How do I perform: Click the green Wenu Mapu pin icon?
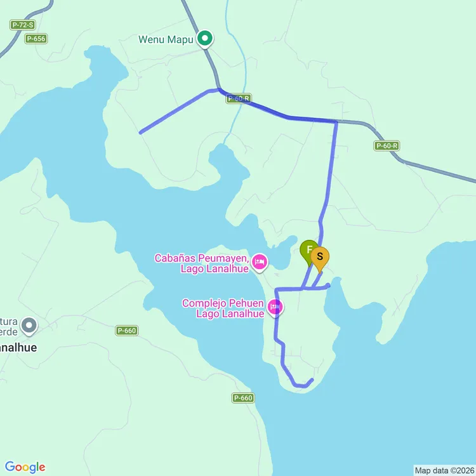[204, 39]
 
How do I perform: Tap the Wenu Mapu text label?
[166, 39]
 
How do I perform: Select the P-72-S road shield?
[23, 25]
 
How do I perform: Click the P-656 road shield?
[36, 39]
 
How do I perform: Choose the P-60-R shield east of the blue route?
[387, 145]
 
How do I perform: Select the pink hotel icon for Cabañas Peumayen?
[259, 261]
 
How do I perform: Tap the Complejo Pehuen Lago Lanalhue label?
[223, 308]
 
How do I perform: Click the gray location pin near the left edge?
[29, 326]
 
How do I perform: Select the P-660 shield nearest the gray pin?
[127, 331]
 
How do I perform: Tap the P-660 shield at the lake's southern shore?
[243, 398]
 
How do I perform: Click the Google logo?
[25, 467]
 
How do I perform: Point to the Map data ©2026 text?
[444, 470]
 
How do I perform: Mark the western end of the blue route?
[140, 133]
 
